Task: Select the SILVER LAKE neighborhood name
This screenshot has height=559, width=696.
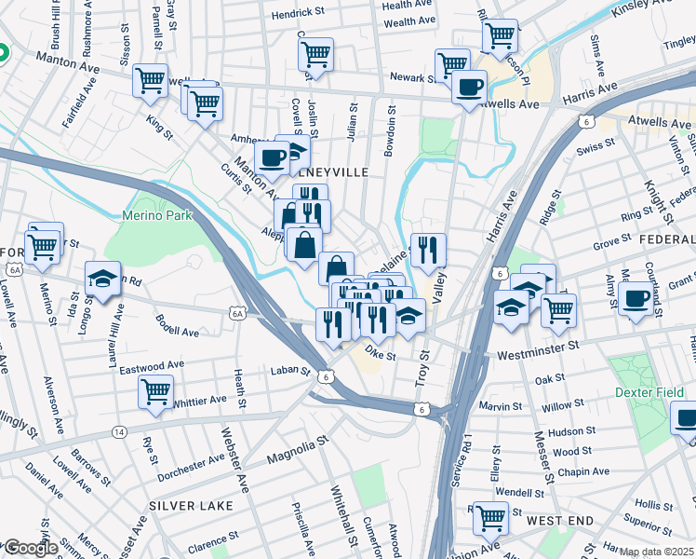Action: pyautogui.click(x=191, y=505)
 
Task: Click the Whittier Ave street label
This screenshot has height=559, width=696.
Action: pyautogui.click(x=199, y=401)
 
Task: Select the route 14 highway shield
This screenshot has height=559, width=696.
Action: pyautogui.click(x=119, y=431)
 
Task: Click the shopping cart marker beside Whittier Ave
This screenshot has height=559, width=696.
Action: pyautogui.click(x=155, y=390)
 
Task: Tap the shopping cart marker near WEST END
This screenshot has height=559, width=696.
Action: pyautogui.click(x=490, y=517)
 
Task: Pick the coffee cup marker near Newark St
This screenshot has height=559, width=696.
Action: pyautogui.click(x=469, y=87)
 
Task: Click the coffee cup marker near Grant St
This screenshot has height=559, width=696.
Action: pyautogui.click(x=636, y=298)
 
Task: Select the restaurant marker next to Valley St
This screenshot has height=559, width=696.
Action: pyautogui.click(x=428, y=249)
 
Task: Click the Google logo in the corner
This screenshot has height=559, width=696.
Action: pyautogui.click(x=30, y=548)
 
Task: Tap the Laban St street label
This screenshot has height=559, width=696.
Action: pyautogui.click(x=290, y=371)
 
